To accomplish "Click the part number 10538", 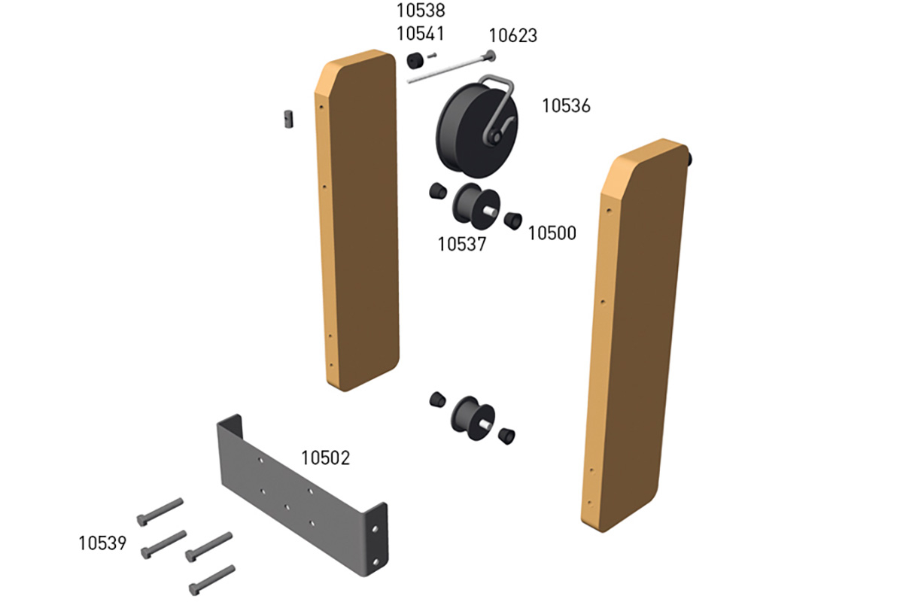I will point(421,11).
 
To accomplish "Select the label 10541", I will point(421,34).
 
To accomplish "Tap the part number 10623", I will point(512,35).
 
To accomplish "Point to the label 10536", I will point(566,106).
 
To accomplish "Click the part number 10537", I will point(462,244).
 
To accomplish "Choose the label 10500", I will point(552,233).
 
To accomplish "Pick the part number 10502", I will point(326,458).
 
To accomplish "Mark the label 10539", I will point(102,543).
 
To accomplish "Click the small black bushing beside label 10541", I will point(413,60).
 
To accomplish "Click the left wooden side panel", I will point(357,226).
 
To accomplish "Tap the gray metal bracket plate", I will point(301,497).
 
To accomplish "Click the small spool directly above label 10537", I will point(472,203).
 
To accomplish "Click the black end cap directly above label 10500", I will point(513,220).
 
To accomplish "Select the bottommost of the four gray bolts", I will point(212,579).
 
